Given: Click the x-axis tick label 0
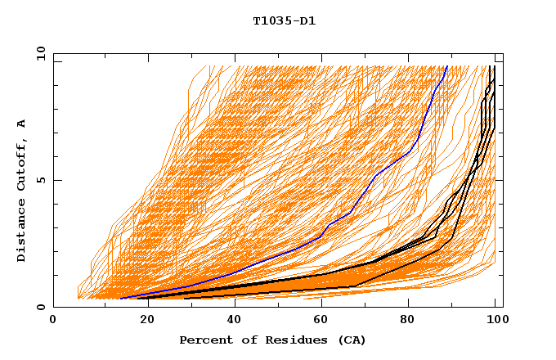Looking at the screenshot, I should [53, 321].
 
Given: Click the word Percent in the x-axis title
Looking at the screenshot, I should [204, 340].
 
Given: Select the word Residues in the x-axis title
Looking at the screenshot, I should [289, 340].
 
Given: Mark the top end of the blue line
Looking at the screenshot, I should [447, 66].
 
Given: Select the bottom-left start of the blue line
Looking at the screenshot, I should [121, 298].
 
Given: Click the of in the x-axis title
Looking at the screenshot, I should [246, 340].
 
